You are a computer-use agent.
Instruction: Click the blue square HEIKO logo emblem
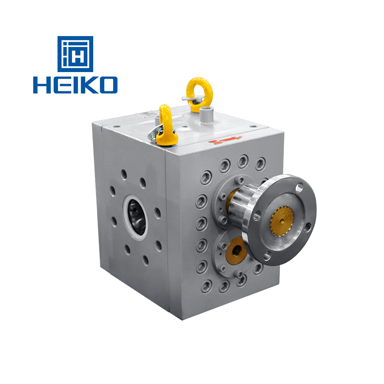(75, 54)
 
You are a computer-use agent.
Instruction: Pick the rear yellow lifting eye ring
(196, 90)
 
